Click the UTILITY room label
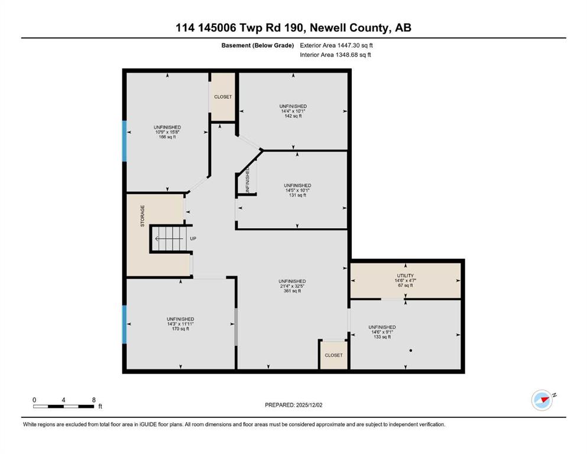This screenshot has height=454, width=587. [405, 275]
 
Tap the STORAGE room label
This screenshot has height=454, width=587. [142, 216]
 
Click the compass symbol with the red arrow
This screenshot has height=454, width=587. [542, 400]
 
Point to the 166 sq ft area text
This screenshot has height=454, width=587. [167, 137]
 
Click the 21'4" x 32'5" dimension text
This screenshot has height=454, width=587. [292, 286]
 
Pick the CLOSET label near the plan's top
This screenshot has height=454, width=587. [223, 96]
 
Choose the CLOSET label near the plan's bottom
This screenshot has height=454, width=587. [333, 355]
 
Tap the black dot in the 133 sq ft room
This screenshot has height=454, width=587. [411, 351]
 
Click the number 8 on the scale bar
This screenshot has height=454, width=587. [93, 400]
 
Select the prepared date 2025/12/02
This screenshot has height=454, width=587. [309, 405]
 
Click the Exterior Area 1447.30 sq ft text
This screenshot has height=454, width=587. [336, 46]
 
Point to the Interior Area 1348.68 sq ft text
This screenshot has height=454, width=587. [335, 54]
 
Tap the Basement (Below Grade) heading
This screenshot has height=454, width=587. [258, 46]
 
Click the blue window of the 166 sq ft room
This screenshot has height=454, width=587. [125, 141]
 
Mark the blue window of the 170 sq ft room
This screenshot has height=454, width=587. [125, 325]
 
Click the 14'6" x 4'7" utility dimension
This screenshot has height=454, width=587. [406, 280]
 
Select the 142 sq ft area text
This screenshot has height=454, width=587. [293, 116]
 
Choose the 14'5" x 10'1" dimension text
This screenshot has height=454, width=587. [297, 190]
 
